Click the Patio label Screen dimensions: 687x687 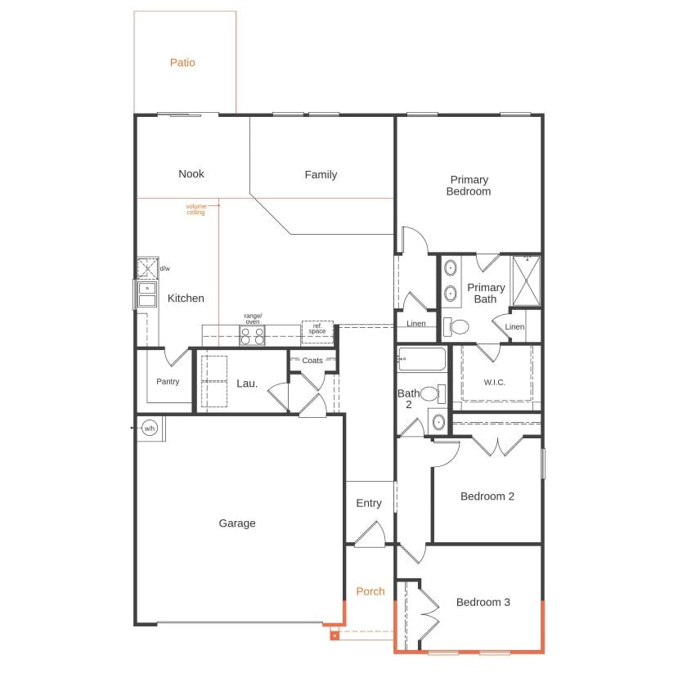(x=182, y=63)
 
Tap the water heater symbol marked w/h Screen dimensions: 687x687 (x=150, y=428)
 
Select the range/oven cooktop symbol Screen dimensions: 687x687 (x=253, y=335)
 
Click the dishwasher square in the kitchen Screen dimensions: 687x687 (x=148, y=268)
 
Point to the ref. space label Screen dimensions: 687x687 (x=317, y=329)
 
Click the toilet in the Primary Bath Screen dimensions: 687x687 (x=456, y=327)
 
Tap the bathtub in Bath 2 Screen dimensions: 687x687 (x=421, y=359)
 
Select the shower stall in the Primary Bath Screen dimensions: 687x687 (x=526, y=281)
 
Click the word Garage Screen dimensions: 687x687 (x=237, y=523)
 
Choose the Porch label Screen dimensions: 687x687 (x=370, y=591)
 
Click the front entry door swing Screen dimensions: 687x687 (x=370, y=535)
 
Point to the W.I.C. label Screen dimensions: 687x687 (x=494, y=383)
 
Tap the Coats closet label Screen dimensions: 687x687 (x=312, y=361)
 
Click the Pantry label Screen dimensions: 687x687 (x=168, y=382)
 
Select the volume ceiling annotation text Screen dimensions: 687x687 (x=195, y=209)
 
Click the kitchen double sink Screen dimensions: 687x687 (x=147, y=294)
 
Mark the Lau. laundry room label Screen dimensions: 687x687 (x=247, y=384)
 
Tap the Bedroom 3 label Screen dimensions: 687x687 (x=483, y=603)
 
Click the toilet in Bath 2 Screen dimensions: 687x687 (x=433, y=394)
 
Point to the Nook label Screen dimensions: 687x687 (x=191, y=174)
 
